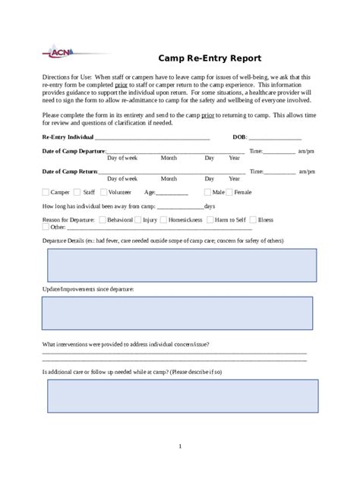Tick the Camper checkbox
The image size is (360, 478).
46,193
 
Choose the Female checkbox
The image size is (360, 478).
230,193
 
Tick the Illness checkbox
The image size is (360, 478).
253,219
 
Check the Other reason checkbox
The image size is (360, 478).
46,226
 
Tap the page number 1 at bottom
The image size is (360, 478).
180,445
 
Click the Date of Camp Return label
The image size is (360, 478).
70,171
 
